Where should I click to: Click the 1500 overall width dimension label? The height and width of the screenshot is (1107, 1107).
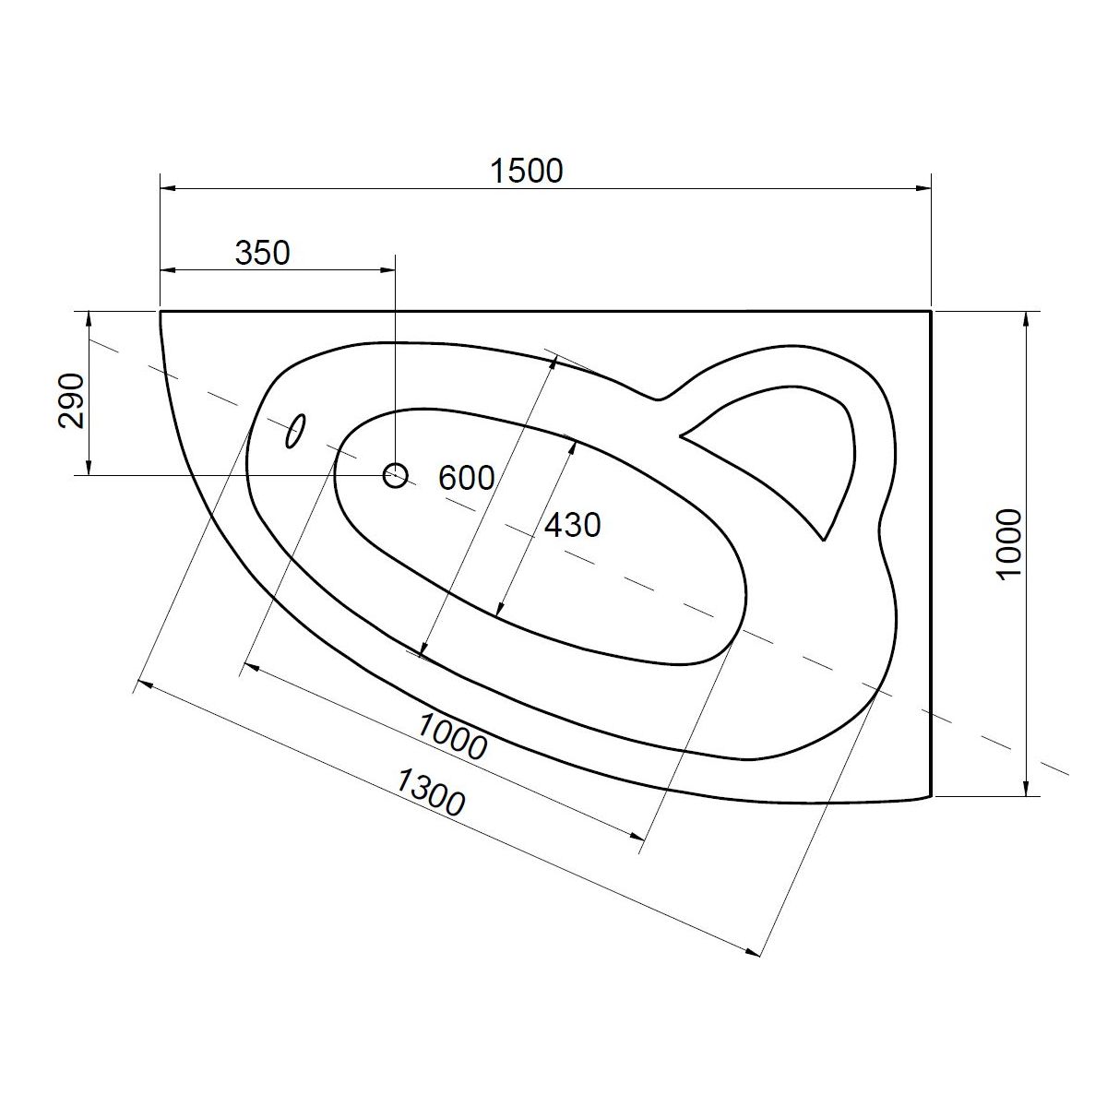(526, 171)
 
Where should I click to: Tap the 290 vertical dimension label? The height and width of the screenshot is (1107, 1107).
(72, 401)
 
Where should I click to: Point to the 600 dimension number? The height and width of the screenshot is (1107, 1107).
(466, 477)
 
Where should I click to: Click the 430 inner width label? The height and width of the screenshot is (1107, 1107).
(572, 525)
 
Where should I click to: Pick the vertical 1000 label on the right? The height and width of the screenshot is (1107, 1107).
(1010, 544)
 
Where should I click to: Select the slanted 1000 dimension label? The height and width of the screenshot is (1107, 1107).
(451, 736)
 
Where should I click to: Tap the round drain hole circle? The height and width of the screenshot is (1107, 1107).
(395, 476)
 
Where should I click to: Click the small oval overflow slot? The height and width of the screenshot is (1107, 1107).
(296, 430)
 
